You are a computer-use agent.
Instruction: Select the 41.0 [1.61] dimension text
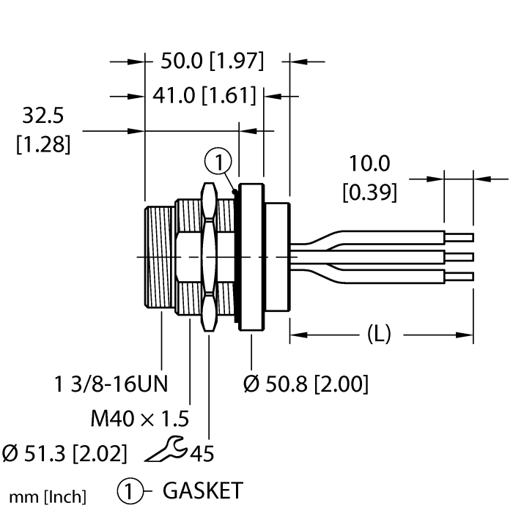(204, 95)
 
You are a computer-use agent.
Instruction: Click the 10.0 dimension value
(370, 163)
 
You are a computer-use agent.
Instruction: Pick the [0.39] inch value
(370, 192)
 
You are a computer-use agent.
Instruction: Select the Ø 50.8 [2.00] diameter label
(306, 383)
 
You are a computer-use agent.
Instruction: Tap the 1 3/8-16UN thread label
(111, 383)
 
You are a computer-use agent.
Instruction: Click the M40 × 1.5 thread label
(140, 419)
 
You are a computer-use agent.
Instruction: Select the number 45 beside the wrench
(202, 454)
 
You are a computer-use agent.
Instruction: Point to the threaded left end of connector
(160, 257)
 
